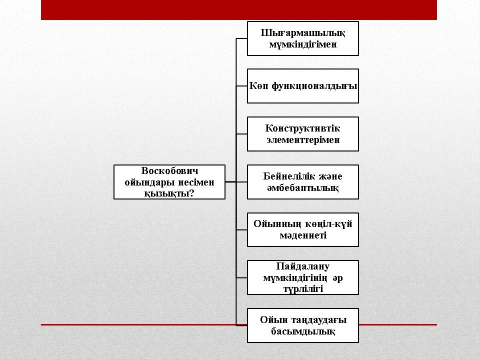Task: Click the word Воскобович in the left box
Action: point(169,170)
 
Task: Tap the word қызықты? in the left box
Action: point(169,193)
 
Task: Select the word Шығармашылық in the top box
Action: point(303,33)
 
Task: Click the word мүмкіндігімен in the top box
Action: point(303,44)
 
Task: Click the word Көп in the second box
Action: point(258,85)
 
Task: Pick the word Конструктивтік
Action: point(302,128)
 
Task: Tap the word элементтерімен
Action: point(303,140)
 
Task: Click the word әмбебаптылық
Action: point(303,188)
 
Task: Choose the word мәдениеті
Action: point(303,235)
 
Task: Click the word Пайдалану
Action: point(303,266)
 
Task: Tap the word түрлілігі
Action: point(303,289)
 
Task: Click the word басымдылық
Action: point(303,331)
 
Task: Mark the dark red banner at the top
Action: point(239,10)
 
